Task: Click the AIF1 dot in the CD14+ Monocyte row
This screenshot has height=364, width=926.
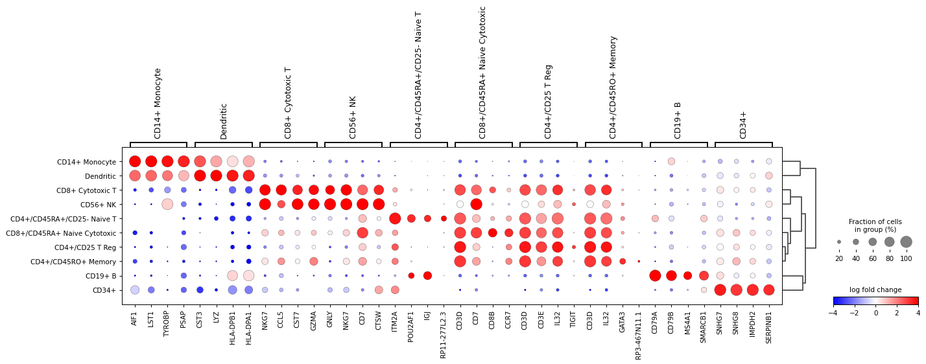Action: [x=135, y=161]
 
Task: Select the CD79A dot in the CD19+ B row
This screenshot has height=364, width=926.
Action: [x=655, y=275]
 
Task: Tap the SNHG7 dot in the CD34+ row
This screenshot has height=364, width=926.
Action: [x=720, y=290]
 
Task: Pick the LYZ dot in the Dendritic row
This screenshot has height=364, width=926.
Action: [x=216, y=176]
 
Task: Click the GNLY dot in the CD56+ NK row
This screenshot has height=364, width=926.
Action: [x=330, y=204]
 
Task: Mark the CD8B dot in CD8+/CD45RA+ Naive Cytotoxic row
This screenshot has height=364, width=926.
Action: [x=492, y=233]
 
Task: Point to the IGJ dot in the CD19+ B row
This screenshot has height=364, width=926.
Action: [x=427, y=275]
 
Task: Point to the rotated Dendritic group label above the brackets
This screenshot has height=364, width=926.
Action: [x=224, y=120]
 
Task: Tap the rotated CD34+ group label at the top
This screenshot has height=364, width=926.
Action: [x=743, y=124]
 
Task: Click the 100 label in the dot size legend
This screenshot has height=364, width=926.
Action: [x=906, y=259]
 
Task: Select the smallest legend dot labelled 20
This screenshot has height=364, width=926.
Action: [x=839, y=242]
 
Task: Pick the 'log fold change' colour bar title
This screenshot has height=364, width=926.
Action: [x=875, y=290]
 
